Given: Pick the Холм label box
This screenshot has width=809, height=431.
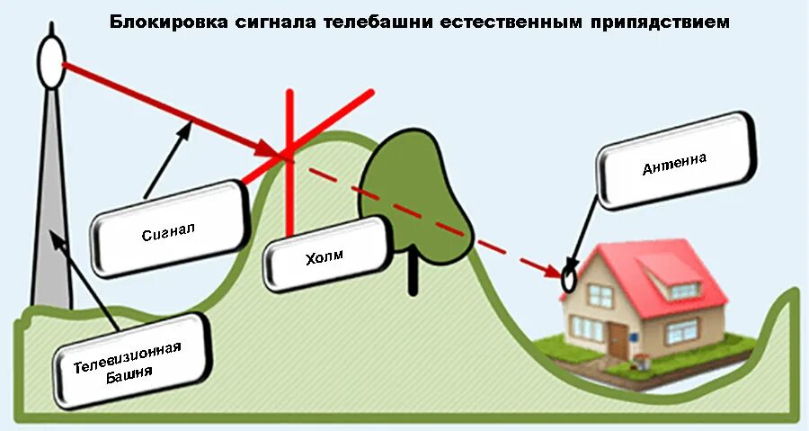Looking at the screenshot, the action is click(324, 259).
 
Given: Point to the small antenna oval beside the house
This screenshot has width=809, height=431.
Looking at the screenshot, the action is click(569, 279).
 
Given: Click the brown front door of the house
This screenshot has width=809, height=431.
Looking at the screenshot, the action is click(618, 338).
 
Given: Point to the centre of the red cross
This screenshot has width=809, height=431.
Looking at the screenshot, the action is click(289, 155).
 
